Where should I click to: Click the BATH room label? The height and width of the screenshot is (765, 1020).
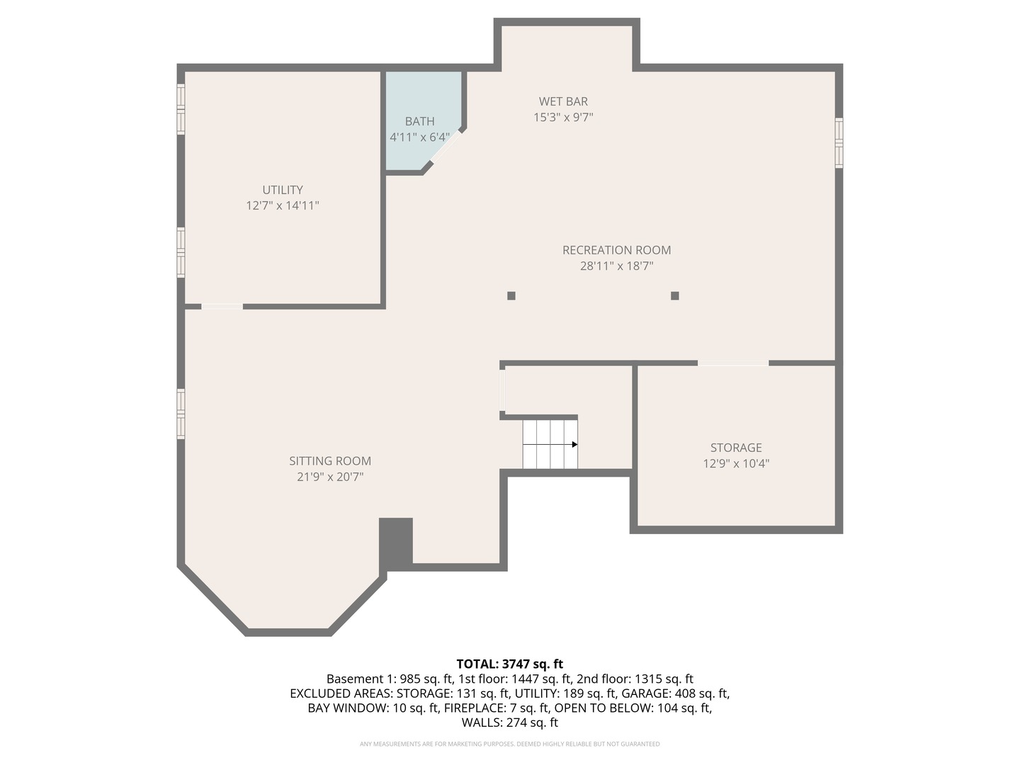coord(419,121)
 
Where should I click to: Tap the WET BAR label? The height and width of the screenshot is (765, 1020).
coord(563,101)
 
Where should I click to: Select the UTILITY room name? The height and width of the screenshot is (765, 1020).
coord(283,190)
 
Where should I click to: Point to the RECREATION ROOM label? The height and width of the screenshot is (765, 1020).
coord(616,250)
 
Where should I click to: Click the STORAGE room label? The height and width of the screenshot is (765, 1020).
coord(736,448)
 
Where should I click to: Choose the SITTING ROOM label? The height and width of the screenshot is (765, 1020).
coord(330,461)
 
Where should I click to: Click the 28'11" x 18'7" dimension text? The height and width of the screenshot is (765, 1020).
coord(616,266)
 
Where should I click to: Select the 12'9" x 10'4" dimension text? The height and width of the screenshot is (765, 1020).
coord(736,464)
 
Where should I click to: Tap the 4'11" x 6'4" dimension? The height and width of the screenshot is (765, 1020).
coord(419,137)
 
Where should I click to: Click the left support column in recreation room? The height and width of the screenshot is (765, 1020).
coord(511,296)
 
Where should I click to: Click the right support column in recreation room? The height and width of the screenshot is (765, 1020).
coord(675,296)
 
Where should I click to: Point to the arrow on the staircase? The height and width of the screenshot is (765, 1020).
coord(574,444)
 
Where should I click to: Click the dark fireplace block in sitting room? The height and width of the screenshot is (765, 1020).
coord(396,543)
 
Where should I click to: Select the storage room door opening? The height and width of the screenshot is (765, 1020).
coord(733,363)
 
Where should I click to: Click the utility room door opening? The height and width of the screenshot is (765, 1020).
coord(222,307)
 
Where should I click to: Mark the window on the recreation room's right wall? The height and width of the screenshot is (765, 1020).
coord(839,143)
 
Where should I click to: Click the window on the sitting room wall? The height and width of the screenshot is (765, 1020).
coord(181,414)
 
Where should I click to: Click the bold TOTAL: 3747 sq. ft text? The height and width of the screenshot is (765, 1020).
coord(509,664)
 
